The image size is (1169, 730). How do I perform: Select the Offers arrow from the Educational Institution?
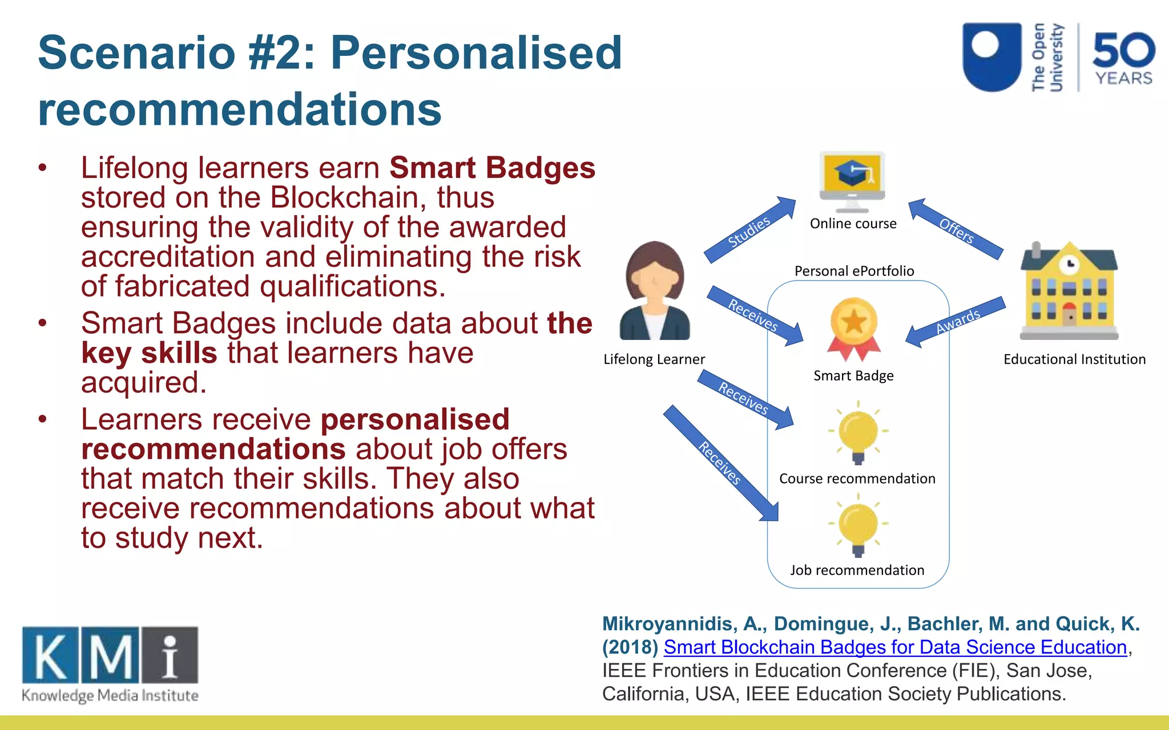click(x=956, y=229)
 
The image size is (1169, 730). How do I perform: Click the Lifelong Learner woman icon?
click(x=655, y=291)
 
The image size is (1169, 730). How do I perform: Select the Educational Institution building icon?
click(x=1069, y=291)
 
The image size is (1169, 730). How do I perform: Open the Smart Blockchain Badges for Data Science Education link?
click(x=895, y=647)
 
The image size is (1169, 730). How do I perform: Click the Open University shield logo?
click(x=992, y=56)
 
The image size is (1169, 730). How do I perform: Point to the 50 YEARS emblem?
click(x=1123, y=58)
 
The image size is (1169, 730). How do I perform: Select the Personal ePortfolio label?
click(x=854, y=271)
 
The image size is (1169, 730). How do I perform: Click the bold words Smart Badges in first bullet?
click(x=492, y=168)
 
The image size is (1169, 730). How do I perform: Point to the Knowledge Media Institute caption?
click(x=110, y=696)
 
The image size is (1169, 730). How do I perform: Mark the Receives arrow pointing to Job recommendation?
click(x=720, y=463)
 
